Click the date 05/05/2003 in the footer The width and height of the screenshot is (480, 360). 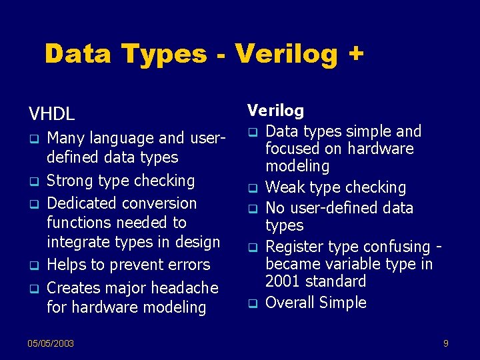51,343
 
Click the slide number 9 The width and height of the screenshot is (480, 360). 445,343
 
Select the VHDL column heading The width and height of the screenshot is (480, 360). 51,113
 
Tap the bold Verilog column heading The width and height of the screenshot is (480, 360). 275,111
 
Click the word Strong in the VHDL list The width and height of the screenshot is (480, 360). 70,181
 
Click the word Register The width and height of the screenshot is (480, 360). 295,247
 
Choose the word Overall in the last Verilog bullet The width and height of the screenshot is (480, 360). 290,303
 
